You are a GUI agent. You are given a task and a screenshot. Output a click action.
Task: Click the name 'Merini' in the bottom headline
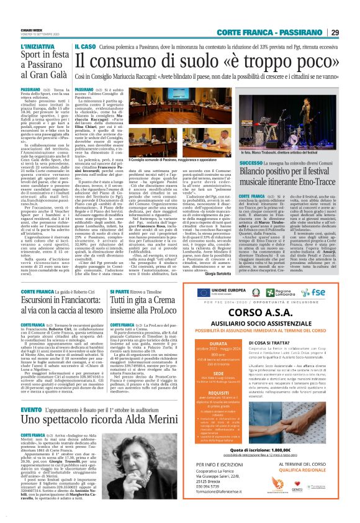click(x=155, y=406)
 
